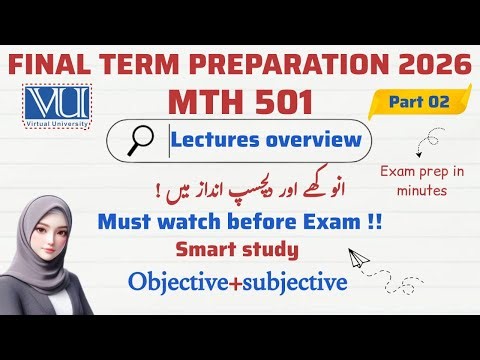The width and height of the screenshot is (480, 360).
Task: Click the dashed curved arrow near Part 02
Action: point(437,139)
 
